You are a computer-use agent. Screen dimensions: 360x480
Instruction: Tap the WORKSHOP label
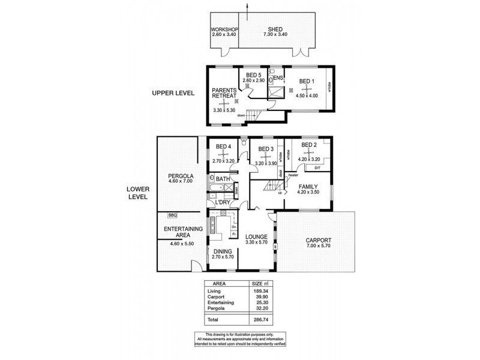pos(225,29)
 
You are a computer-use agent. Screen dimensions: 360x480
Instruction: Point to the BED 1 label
pos(307,82)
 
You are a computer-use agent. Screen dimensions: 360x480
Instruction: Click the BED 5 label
pos(254,75)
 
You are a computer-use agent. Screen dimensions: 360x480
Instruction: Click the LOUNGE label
pos(256,236)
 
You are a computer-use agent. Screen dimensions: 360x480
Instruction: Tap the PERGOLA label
pos(179,176)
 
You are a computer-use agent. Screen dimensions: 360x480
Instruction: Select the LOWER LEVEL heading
pos(137,192)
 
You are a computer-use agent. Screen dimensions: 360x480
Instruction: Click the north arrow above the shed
pos(247,5)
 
